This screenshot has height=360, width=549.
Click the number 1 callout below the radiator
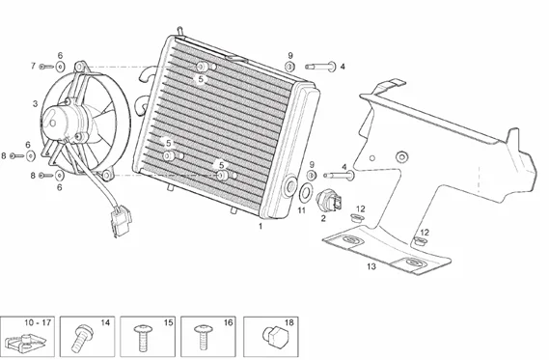click(x=261, y=226)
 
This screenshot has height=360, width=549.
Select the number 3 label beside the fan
click(x=35, y=104)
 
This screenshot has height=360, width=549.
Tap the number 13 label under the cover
click(x=371, y=266)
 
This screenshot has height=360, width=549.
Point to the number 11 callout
click(x=301, y=210)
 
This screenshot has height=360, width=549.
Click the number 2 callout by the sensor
click(x=323, y=218)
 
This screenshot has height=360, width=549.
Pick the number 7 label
click(x=33, y=66)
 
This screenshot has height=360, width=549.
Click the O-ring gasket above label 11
click(x=305, y=192)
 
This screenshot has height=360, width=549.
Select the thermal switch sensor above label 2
click(x=328, y=202)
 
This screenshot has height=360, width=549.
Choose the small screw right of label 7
click(x=46, y=67)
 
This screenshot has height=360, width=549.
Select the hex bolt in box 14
click(x=81, y=337)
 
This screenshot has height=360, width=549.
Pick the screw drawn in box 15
click(x=143, y=337)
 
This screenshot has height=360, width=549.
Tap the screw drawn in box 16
click(x=203, y=337)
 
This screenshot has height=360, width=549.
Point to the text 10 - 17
click(x=38, y=322)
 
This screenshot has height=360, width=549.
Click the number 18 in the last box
click(x=289, y=322)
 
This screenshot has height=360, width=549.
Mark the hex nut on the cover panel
click(x=401, y=156)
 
